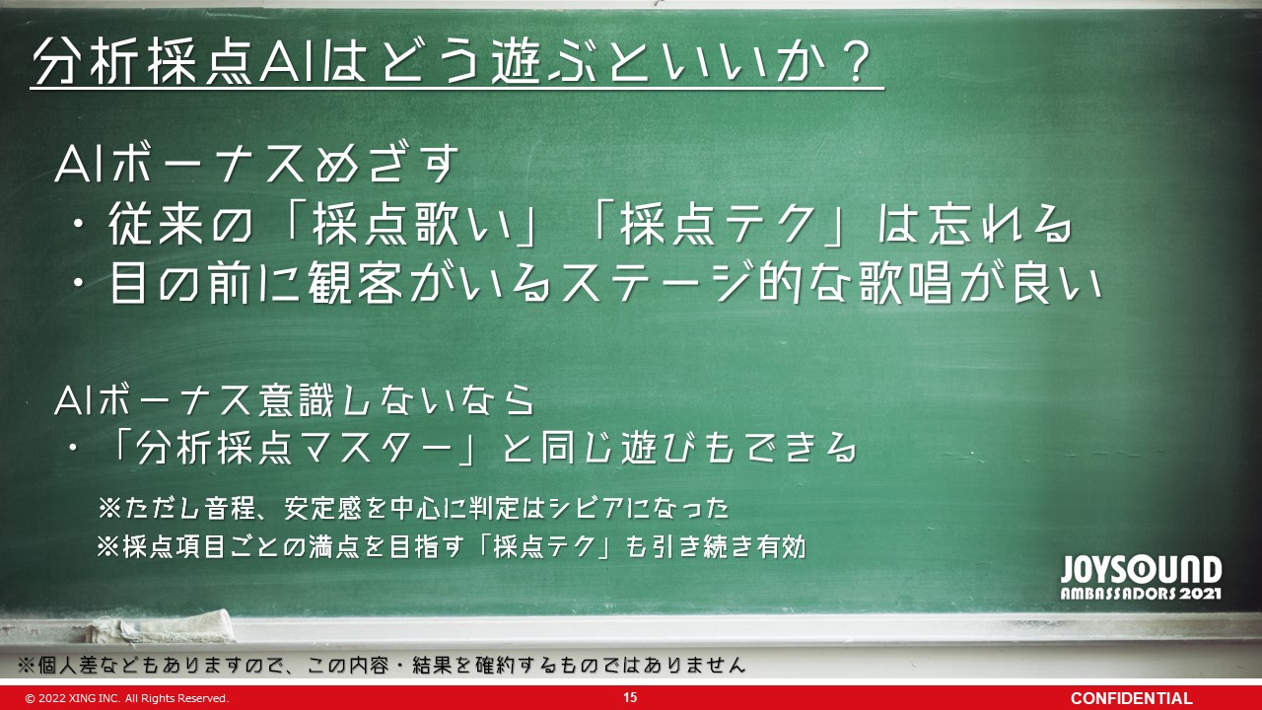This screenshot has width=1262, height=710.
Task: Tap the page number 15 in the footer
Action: [x=630, y=697]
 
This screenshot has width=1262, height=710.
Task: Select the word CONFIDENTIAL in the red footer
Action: [x=1131, y=698]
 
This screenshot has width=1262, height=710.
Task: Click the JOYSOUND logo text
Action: [x=1141, y=570]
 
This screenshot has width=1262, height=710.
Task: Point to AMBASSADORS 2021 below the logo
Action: [x=1141, y=594]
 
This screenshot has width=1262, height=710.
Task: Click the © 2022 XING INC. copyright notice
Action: [x=127, y=698]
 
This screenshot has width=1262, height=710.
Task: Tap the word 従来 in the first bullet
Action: [x=156, y=224]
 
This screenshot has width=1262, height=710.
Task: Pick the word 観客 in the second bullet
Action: [x=355, y=283]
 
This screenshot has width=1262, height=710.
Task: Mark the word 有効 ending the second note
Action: [x=781, y=546]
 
